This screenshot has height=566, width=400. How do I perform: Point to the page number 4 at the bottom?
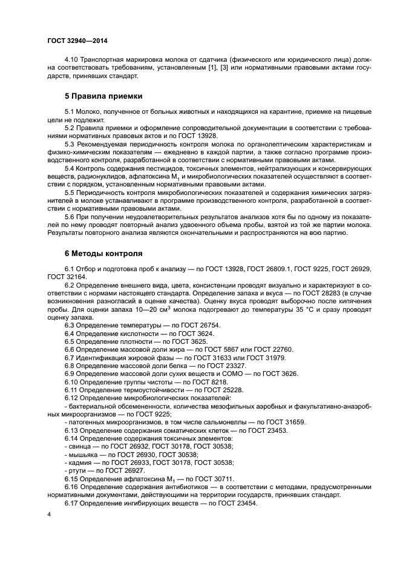tap(49, 514)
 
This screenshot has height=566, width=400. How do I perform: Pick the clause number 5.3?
tap(69, 143)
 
